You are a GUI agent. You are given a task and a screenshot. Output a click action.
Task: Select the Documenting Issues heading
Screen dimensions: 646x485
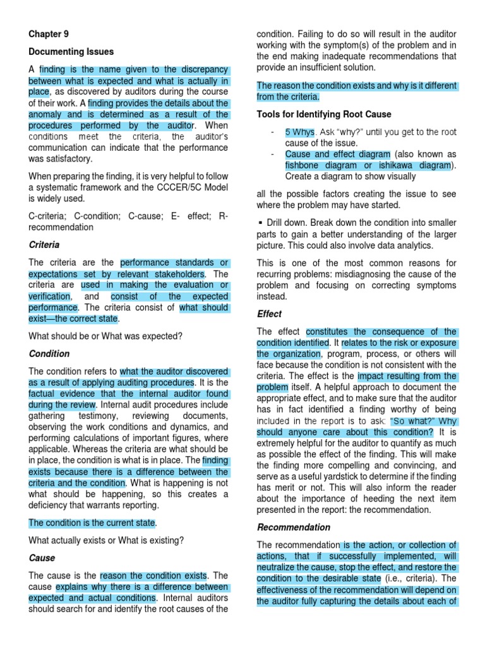(71, 52)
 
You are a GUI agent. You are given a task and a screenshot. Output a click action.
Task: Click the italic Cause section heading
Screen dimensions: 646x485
(42, 558)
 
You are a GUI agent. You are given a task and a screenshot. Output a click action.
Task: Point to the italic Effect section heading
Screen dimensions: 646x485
(269, 314)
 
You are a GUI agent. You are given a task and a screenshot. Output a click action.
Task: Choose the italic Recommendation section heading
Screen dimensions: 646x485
(293, 527)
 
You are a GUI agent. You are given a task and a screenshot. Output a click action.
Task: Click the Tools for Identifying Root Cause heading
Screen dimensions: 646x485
(324, 114)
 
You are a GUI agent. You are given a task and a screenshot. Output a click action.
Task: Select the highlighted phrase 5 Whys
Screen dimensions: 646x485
(299, 132)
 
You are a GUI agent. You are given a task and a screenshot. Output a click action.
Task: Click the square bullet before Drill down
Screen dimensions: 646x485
(260, 223)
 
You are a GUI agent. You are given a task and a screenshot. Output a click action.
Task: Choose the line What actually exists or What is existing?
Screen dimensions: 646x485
(106, 540)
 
